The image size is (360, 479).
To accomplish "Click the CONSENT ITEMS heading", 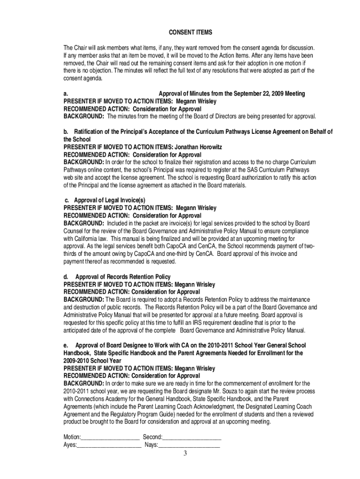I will [x=190, y=32].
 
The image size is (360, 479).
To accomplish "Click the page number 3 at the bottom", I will [x=185, y=453].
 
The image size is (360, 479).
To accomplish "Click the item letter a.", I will [x=65, y=94].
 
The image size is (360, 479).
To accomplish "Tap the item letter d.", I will [x=65, y=277].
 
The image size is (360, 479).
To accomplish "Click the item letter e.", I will [x=65, y=346].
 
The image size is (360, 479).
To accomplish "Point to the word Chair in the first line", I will [x=81, y=48].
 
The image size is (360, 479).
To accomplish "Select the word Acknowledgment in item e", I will [x=204, y=406].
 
